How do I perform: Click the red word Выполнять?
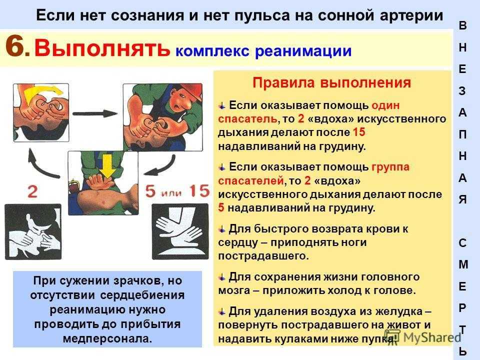pyautogui.click(x=102, y=48)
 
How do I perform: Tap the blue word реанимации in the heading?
pyautogui.click(x=303, y=51)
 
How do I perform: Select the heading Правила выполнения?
pyautogui.click(x=331, y=82)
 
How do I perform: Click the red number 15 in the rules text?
pyautogui.click(x=359, y=132)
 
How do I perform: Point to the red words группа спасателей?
pyautogui.click(x=314, y=173)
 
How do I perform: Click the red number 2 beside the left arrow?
pyautogui.click(x=32, y=192)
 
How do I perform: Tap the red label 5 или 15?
pyautogui.click(x=177, y=191)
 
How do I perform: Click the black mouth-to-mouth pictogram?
pyautogui.click(x=33, y=231)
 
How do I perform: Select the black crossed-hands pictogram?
pyautogui.click(x=180, y=231)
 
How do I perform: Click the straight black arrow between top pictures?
pyautogui.click(x=95, y=113)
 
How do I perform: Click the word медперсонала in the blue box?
pyautogui.click(x=107, y=338)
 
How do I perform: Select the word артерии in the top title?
pyautogui.click(x=411, y=15)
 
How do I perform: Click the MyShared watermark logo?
pyautogui.click(x=422, y=337)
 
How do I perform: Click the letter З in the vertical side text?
pyautogui.click(x=462, y=91)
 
